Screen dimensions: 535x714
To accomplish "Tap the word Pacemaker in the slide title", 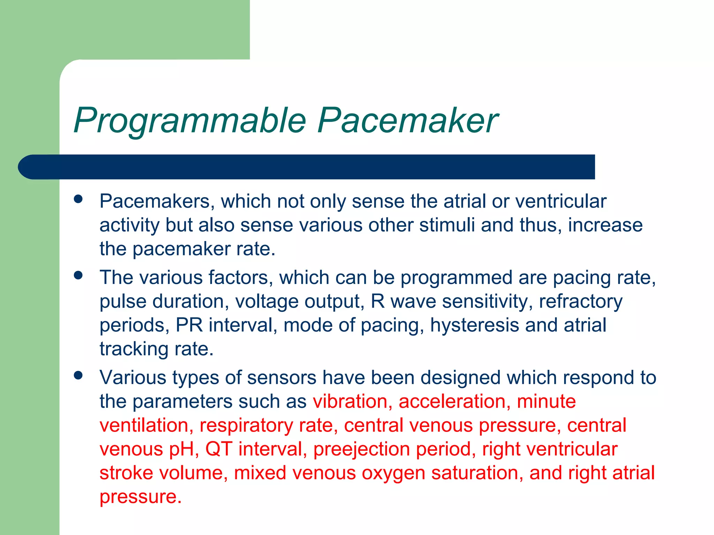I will point(407,121).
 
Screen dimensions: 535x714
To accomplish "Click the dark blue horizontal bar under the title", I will point(307,167).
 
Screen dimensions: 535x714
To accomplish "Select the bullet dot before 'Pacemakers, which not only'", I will point(78,199).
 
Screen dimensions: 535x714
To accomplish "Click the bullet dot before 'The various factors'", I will point(78,276).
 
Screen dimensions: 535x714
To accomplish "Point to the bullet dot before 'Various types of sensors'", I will point(78,375).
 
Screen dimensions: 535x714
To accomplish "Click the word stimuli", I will point(447,225).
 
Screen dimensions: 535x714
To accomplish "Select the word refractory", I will point(580,302).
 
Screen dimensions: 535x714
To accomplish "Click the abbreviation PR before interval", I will point(189,325).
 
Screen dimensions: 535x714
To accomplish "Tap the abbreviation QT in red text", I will point(219,449).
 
